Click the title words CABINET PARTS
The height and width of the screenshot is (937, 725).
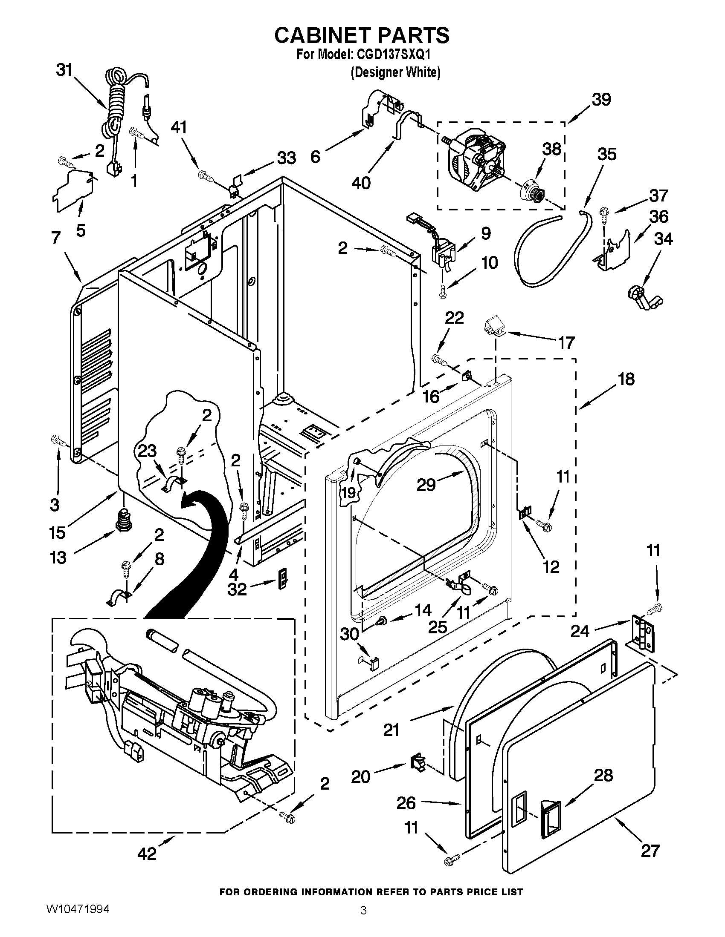[362, 35]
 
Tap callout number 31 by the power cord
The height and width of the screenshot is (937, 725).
[64, 69]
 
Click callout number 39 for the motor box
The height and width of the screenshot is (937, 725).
[601, 100]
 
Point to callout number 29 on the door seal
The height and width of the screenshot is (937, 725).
[426, 485]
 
